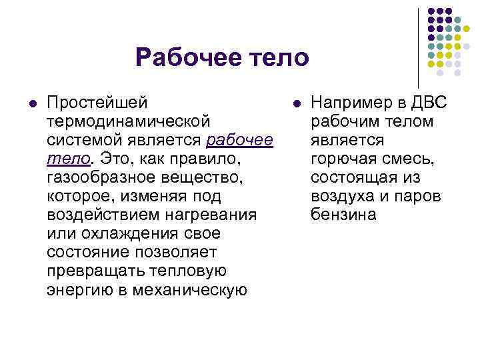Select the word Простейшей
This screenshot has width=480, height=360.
pyautogui.click(x=97, y=103)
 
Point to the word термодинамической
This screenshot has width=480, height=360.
pyautogui.click(x=129, y=122)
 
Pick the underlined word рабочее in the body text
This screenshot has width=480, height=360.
pyautogui.click(x=240, y=141)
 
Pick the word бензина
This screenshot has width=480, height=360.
pyautogui.click(x=344, y=215)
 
